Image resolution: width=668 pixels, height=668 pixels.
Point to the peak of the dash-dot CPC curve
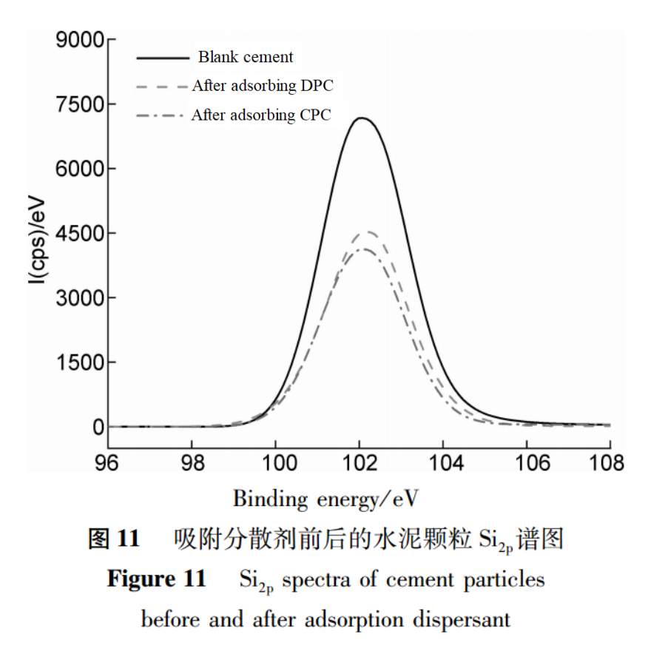363,249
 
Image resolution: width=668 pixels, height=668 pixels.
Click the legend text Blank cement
245,57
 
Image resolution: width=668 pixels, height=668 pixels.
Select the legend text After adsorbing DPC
263,86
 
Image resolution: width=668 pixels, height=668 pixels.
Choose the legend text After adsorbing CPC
260,115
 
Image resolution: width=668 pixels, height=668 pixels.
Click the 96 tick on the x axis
108,463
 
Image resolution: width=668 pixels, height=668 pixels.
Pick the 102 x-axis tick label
360,463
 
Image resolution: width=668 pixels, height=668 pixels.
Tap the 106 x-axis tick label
527,463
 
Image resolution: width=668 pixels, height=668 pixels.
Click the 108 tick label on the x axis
610,463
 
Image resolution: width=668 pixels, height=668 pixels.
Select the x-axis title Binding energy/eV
326,499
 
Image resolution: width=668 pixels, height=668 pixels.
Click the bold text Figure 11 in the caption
156,578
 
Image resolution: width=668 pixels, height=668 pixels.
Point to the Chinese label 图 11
114,539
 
